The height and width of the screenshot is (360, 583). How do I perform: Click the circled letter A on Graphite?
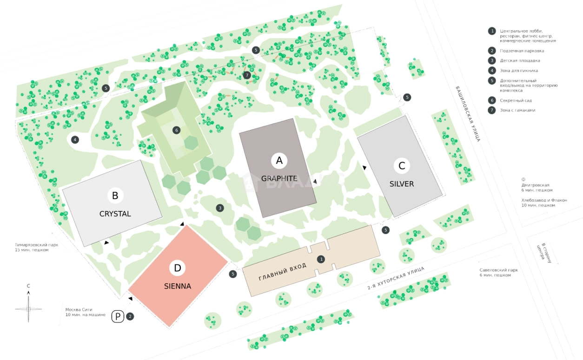[x=279, y=161]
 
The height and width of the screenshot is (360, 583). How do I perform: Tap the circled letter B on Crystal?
[x=115, y=196]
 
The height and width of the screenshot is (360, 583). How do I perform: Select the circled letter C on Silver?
[x=402, y=166]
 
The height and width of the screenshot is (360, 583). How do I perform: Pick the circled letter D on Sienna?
[x=177, y=268]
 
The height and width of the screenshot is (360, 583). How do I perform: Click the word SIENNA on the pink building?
[x=178, y=286]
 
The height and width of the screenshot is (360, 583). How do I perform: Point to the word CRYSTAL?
[x=115, y=214]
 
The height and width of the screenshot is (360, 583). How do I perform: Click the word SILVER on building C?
[x=402, y=184]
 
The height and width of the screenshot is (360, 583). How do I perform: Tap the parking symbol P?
[x=118, y=317]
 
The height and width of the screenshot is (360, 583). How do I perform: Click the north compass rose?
[x=28, y=308]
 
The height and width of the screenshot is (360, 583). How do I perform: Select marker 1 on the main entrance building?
[x=320, y=258]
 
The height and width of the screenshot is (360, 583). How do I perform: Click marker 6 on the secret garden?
[x=176, y=130]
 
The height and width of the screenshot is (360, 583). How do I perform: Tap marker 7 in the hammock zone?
[x=247, y=75]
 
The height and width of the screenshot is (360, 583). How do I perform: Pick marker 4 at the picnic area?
[x=75, y=139]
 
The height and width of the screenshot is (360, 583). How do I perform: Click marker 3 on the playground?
[x=220, y=208]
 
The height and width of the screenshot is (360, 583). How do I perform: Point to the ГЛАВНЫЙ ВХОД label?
[x=283, y=272]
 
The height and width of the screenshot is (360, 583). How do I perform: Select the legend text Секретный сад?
[x=516, y=100]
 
